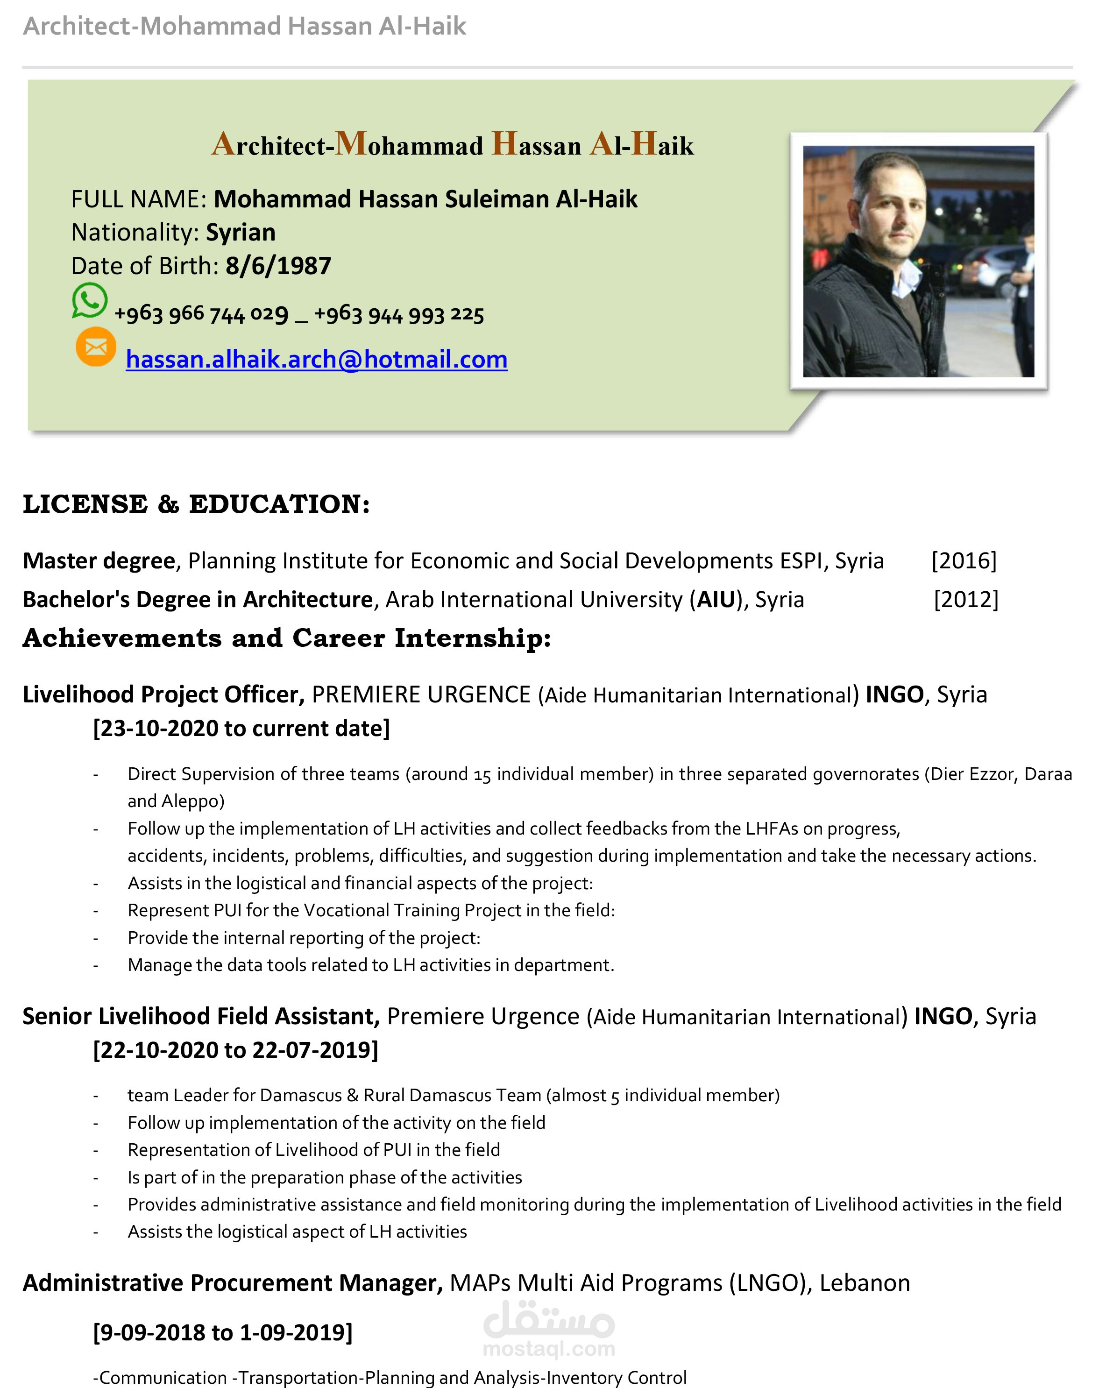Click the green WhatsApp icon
[x=89, y=300]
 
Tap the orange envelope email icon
[x=96, y=347]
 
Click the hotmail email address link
[x=317, y=359]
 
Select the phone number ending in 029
[x=201, y=314]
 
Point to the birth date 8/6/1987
[x=278, y=266]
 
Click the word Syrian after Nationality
[x=241, y=232]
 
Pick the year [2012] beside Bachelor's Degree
[x=966, y=599]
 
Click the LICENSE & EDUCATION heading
[x=196, y=504]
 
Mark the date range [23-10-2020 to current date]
[x=241, y=729]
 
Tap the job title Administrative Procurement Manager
[x=232, y=1282]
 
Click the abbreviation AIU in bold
[x=716, y=599]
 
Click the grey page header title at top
[x=245, y=26]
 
